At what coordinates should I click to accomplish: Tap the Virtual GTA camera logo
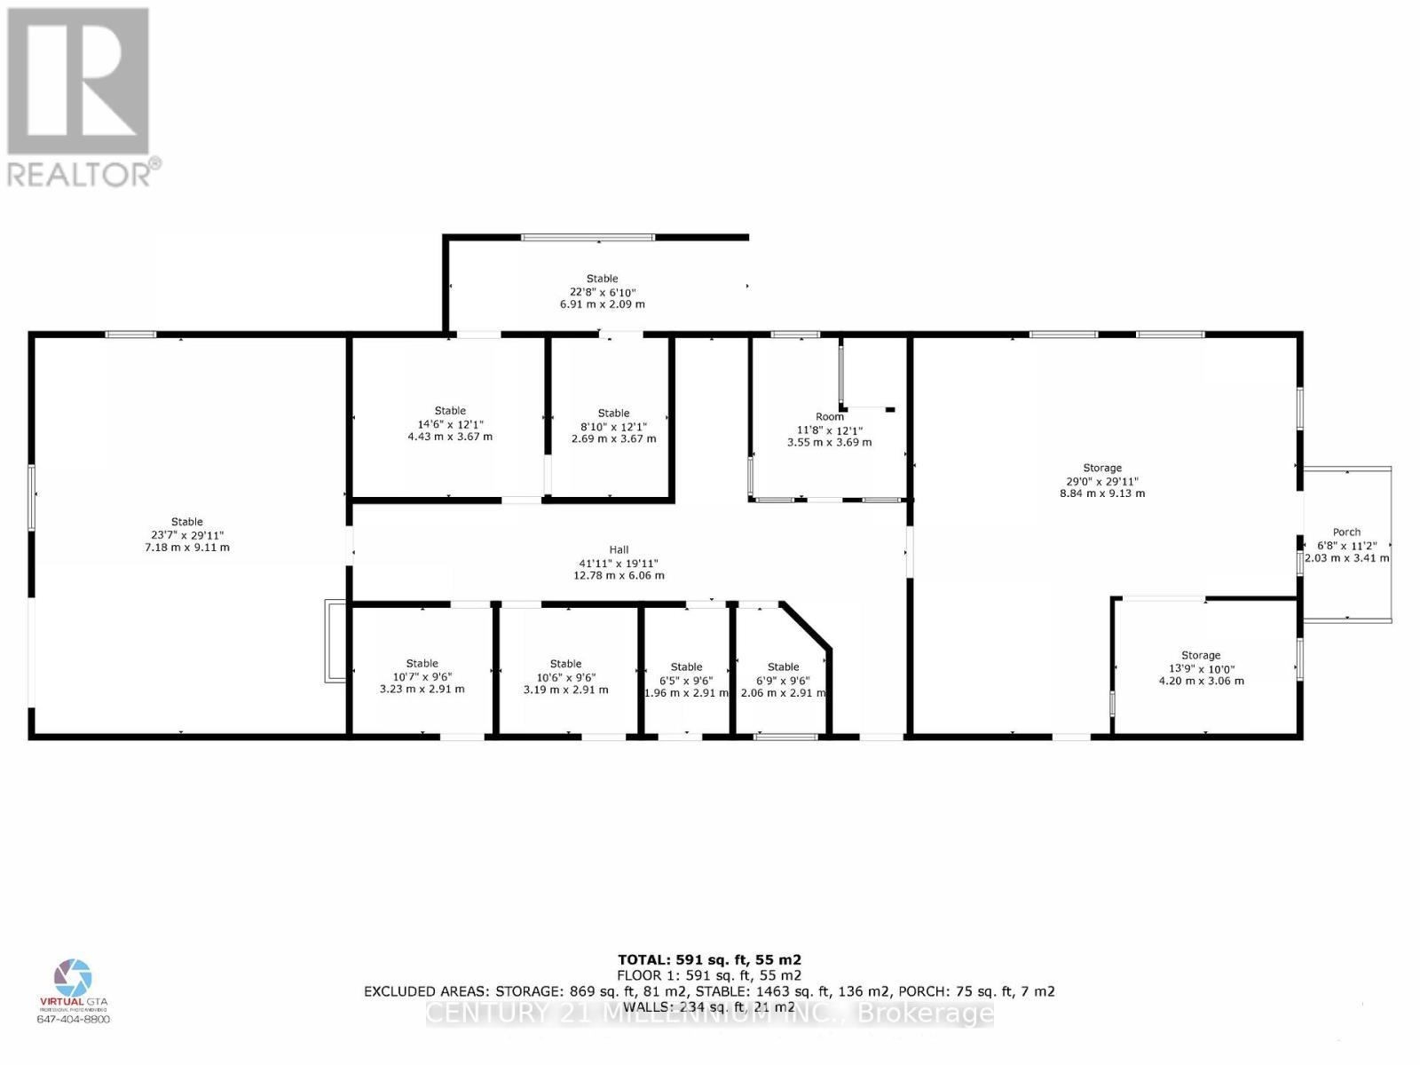coord(73,977)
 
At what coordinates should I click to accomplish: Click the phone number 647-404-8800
coord(74,1019)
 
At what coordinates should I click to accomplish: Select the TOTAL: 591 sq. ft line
coord(709,959)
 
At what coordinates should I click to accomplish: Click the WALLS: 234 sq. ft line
coord(709,1006)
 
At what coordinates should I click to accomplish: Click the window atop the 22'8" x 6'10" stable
coord(588,237)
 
